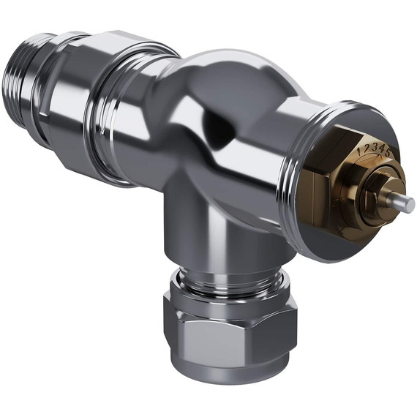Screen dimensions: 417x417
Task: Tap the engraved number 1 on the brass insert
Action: coord(358,150)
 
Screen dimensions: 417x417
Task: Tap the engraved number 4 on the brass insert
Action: coord(381,148)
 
